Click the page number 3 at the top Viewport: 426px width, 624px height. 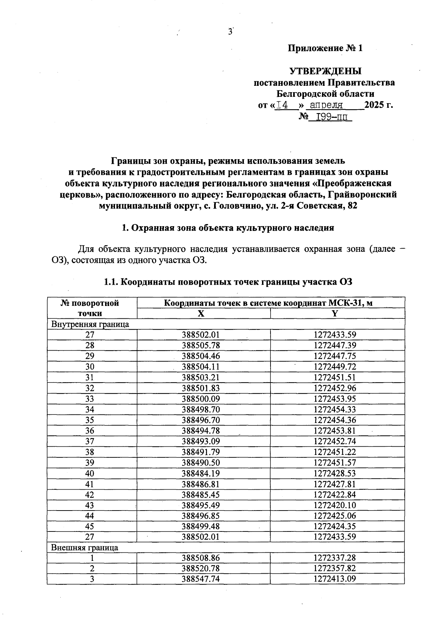230,32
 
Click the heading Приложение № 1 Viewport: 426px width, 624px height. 325,48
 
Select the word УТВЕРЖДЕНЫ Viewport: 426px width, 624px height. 326,71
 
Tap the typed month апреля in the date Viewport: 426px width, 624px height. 326,105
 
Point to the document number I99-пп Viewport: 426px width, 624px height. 330,117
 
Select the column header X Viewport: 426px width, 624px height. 201,313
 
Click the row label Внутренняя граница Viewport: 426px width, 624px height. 90,324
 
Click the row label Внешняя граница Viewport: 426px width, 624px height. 85,547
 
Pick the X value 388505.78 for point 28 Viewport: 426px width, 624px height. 201,345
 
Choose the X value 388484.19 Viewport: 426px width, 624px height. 201,473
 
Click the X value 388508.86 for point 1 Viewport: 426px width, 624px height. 201,558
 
